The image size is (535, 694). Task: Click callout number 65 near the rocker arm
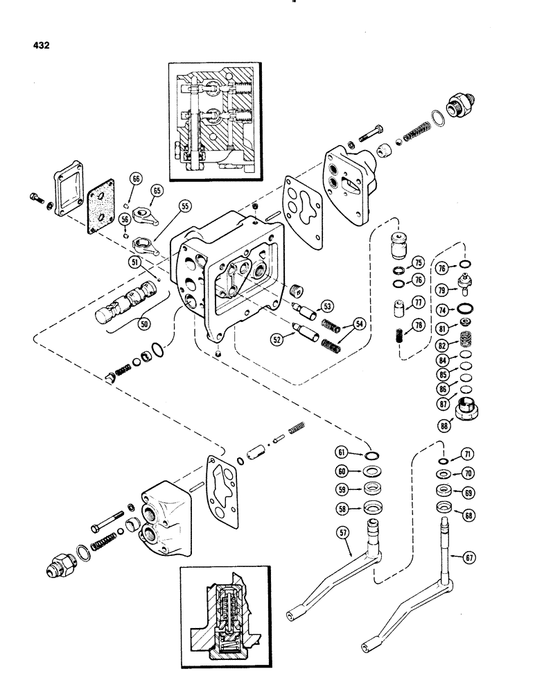(157, 189)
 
